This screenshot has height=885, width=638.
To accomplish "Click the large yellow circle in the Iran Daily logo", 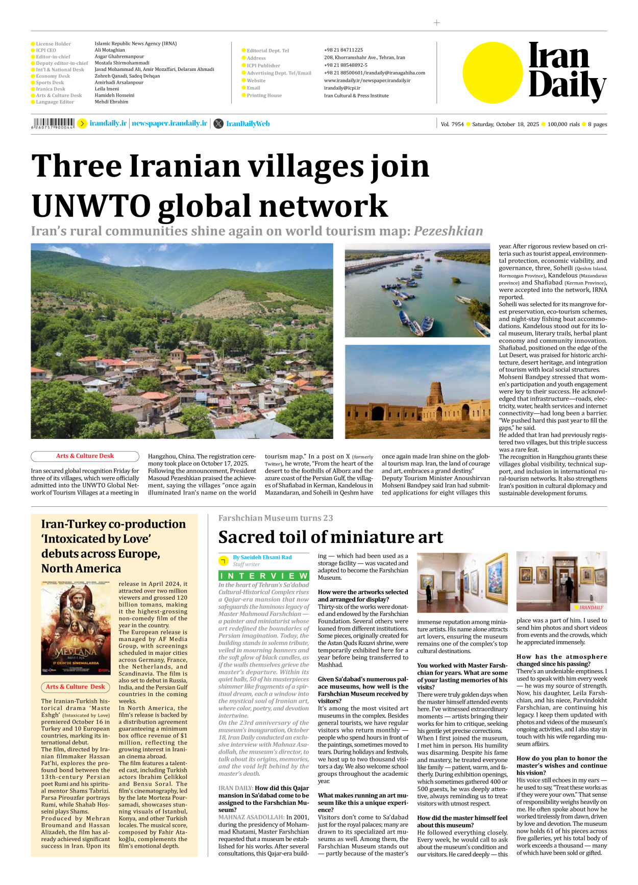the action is tap(493, 72).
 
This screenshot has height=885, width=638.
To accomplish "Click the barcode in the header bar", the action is tap(53, 123).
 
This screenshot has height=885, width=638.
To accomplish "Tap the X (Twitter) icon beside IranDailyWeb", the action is tap(218, 124).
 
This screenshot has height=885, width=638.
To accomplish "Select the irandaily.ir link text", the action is tap(108, 124).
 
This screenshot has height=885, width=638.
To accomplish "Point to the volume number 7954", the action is tap(458, 124).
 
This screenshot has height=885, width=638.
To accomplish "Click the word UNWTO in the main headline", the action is tap(91, 206).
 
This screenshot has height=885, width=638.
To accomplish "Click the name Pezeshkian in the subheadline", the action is tap(448, 231).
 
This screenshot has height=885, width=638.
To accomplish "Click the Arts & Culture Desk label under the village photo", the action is tap(85, 456).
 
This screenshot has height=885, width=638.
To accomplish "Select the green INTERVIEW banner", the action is tap(264, 576).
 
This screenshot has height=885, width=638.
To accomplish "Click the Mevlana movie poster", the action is tap(76, 628).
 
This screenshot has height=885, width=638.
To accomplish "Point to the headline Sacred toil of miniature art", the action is tap(330, 537).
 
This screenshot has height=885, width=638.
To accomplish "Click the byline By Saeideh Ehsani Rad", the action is tap(262, 557).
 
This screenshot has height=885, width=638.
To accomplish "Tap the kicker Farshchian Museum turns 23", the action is tap(276, 518).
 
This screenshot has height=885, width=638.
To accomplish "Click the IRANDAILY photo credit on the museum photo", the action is tap(591, 607).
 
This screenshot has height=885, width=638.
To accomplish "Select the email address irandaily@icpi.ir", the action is tap(342, 88).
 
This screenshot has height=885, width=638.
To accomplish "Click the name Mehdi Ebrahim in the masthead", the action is tap(111, 102).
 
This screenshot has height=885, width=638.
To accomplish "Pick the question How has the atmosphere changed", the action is tap(561, 660).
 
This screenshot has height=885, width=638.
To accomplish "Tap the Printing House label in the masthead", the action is tap(264, 95).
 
